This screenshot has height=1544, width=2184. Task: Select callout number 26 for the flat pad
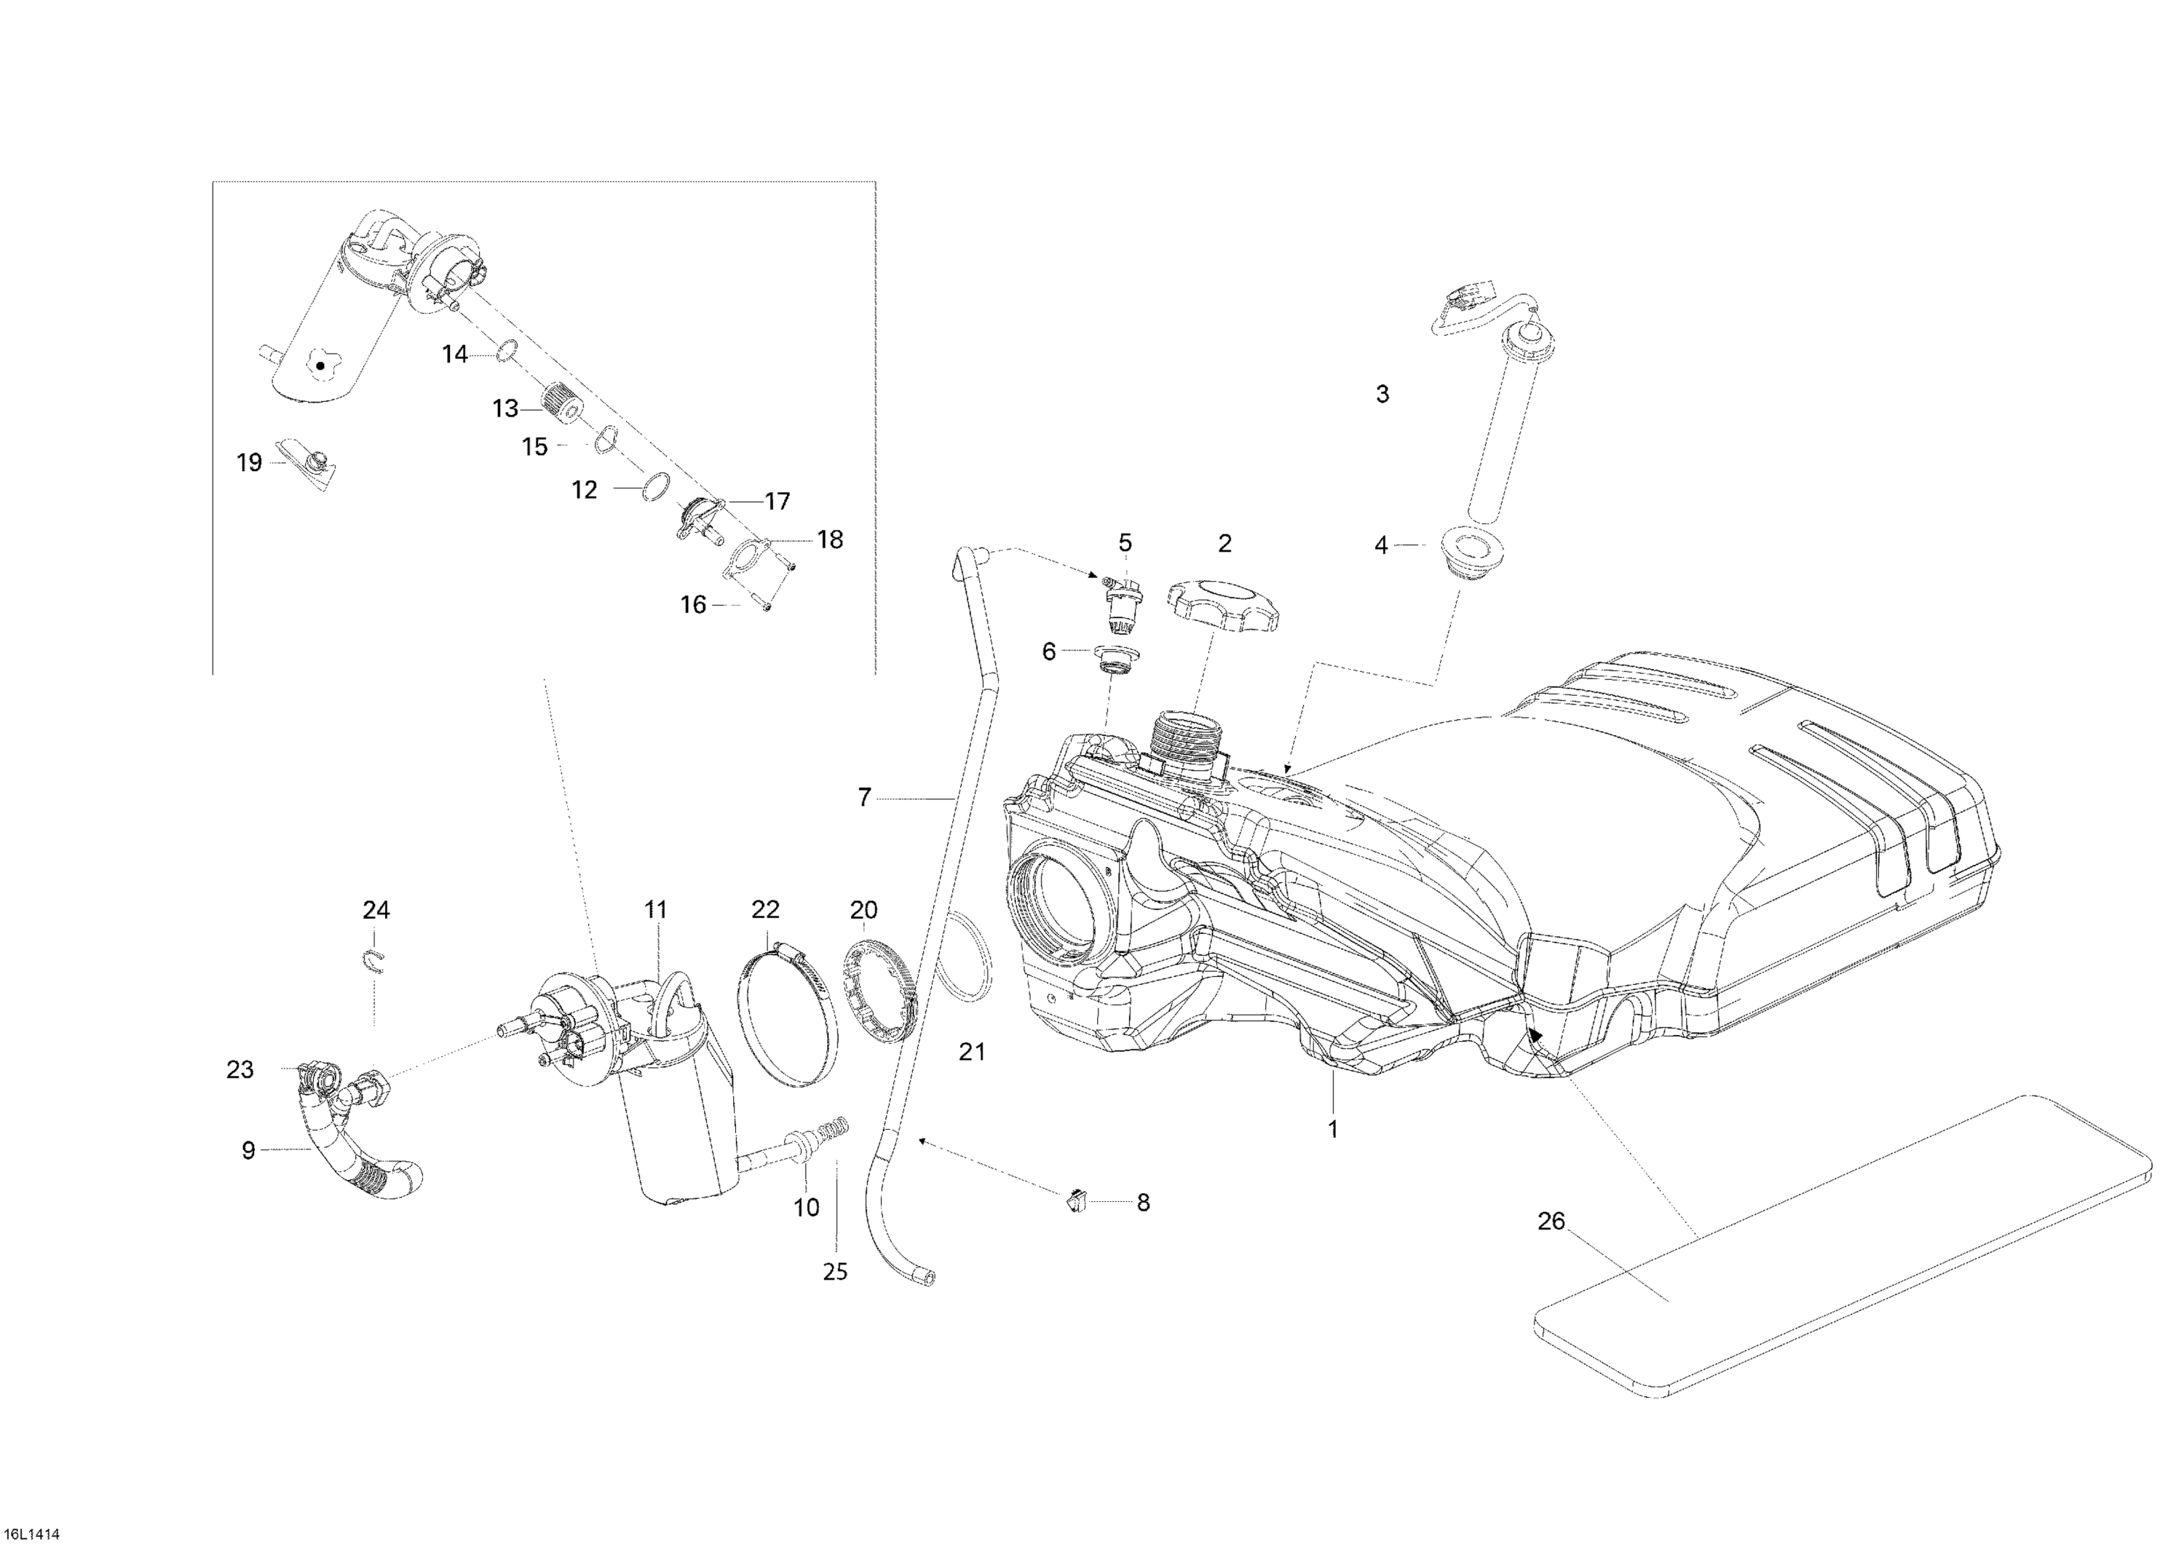pos(1551,1222)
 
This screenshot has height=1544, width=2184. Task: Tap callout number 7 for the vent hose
pos(863,798)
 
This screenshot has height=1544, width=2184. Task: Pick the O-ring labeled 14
pos(505,351)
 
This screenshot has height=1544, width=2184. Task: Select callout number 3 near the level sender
pos(1382,394)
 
